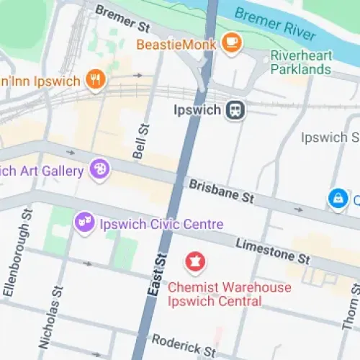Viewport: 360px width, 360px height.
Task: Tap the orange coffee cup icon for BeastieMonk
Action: click(x=231, y=43)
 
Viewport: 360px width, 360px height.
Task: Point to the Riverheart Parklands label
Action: click(x=301, y=63)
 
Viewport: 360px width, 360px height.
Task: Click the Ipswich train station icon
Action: click(x=235, y=111)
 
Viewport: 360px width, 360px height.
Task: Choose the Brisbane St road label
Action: click(x=222, y=191)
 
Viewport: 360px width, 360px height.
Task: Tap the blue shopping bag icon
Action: click(x=336, y=197)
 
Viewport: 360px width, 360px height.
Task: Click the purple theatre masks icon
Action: click(x=85, y=222)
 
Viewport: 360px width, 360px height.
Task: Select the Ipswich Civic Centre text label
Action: click(x=162, y=224)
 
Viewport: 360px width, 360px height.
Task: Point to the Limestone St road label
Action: click(x=273, y=250)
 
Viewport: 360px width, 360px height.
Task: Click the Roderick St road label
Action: click(x=183, y=345)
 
